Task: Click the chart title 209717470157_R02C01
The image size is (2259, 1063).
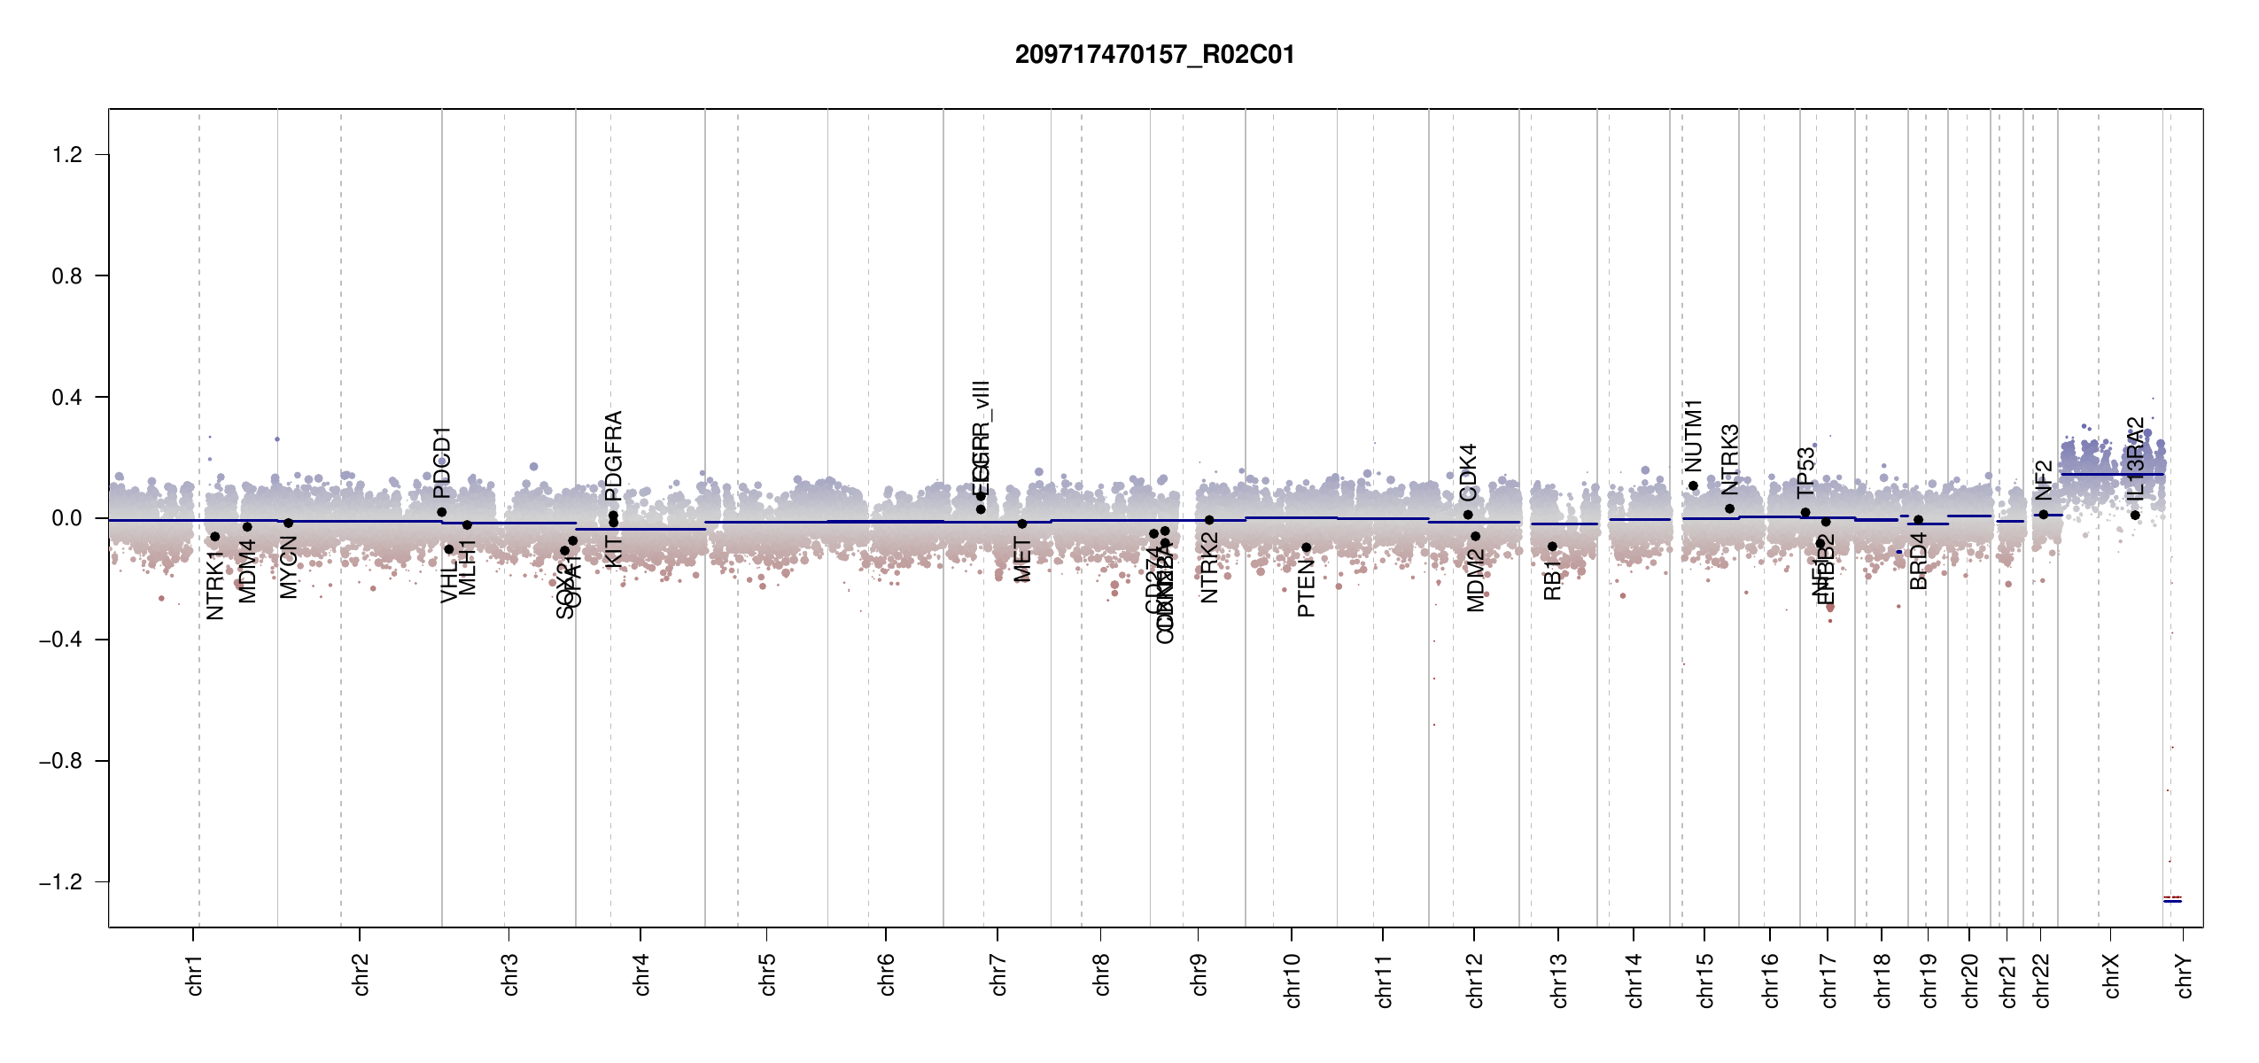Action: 1154,55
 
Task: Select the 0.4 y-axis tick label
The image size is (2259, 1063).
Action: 67,397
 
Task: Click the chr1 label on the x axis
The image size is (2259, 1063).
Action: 195,974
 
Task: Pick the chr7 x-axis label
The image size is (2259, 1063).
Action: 998,974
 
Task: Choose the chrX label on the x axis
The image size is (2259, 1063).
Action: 2111,975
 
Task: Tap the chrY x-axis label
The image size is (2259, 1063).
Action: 2185,975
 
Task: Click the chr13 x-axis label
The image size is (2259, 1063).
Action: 1559,980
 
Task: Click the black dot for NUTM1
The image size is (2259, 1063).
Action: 1693,485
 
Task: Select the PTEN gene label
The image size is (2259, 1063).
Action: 1306,587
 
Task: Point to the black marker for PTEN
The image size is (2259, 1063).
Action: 1306,547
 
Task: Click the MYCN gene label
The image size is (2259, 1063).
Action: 288,567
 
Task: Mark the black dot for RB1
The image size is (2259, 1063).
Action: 1552,547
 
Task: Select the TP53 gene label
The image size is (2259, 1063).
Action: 1805,473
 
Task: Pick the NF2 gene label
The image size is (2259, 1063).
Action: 2043,480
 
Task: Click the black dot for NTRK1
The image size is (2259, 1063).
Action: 214,537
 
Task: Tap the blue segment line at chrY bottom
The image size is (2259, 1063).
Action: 2172,901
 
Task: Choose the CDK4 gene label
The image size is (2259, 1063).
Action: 1468,472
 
